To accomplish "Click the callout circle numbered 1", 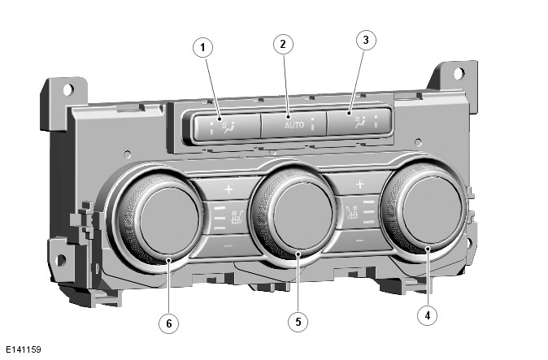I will coord(203,47).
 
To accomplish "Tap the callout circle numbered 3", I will coord(367,39).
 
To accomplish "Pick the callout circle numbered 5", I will coord(298,322).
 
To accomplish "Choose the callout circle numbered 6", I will coord(168,323).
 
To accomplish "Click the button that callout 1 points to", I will coord(224,127).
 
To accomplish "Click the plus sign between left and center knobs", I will coord(228,189).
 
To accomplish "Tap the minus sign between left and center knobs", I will coord(228,244).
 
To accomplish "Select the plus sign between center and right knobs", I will coord(359,184).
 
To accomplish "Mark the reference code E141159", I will coord(23,349).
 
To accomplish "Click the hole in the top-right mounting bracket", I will coord(459,73).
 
